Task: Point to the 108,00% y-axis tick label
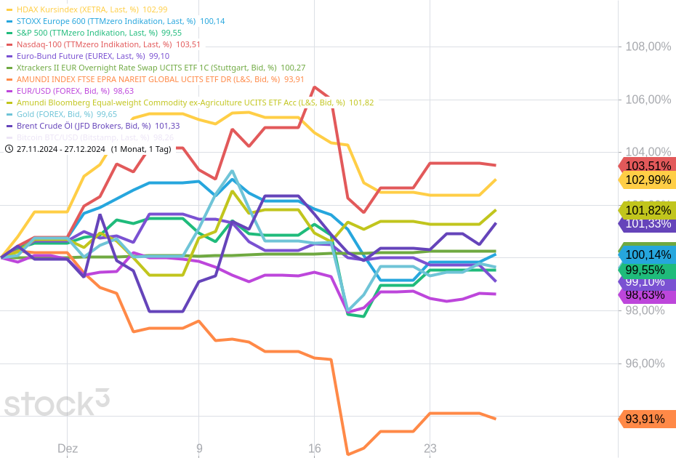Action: (648, 47)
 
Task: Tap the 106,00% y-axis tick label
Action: (648, 100)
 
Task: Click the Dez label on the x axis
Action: (68, 449)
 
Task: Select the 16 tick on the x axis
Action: (314, 449)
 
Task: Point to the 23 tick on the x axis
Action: (430, 449)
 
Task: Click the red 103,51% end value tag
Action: (647, 165)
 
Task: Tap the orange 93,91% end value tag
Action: (647, 419)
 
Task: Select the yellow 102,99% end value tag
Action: (647, 180)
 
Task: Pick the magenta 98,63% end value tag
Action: (647, 295)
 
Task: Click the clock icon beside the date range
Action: (9, 148)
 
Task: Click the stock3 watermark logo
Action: (57, 402)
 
